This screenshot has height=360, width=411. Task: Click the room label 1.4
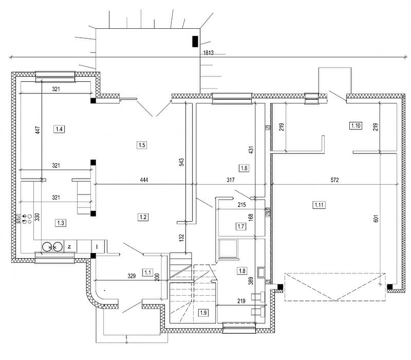point(60,129)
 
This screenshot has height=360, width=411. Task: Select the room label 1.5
point(142,145)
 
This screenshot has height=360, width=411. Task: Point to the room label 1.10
point(356,125)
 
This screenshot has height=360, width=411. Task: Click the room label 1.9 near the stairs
point(203,312)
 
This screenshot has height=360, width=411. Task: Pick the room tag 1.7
point(240,226)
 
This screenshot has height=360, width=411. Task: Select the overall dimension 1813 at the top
point(208,53)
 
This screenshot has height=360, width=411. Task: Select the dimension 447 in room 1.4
point(37,130)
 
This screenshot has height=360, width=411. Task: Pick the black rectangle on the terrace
point(195,41)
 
